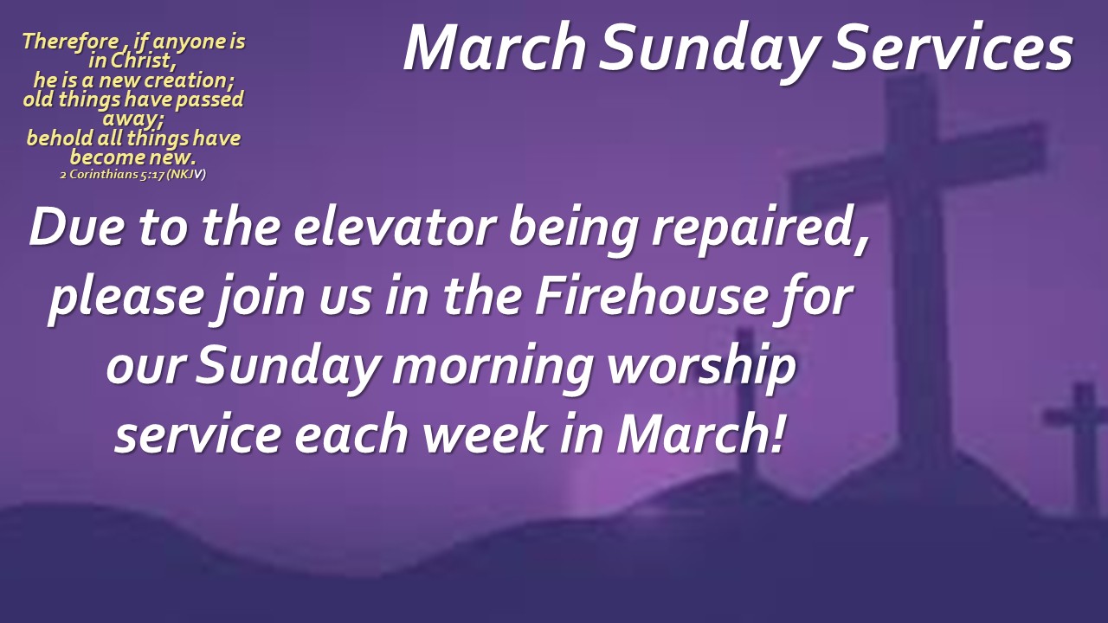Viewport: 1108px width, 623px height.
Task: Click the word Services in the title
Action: point(951,48)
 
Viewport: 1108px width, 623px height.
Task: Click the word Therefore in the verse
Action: point(70,42)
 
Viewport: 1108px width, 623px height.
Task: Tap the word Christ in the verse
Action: point(143,61)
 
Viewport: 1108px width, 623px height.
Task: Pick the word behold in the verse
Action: point(60,138)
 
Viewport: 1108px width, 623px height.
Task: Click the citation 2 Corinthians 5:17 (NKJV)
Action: point(132,175)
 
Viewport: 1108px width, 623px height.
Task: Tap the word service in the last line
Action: point(199,434)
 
